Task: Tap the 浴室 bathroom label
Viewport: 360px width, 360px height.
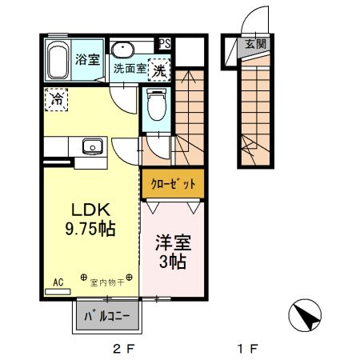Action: point(87,59)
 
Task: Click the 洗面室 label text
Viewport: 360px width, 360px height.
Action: point(129,69)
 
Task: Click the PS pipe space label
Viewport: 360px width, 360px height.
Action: point(164,44)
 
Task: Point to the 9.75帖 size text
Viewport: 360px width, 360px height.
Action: point(90,229)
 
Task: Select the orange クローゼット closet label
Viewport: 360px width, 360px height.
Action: point(173,183)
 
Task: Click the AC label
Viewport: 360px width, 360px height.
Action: point(58,282)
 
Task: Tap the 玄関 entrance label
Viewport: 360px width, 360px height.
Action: point(255,44)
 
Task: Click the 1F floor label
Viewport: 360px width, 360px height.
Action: point(248,349)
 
